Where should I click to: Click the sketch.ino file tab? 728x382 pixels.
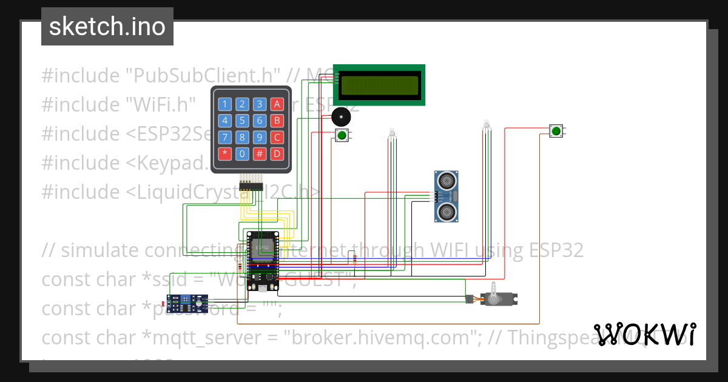107,27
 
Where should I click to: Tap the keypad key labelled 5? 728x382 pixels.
242,120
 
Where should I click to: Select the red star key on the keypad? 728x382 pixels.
225,153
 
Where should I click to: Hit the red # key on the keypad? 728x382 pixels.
260,153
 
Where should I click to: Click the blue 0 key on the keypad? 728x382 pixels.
242,153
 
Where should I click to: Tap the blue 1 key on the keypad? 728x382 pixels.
225,104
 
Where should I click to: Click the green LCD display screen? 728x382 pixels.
379,85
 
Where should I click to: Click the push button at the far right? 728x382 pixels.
556,130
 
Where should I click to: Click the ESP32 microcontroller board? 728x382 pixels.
262,261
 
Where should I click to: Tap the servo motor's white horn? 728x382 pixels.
495,293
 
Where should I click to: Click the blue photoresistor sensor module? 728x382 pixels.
187,301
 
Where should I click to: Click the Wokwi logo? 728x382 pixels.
645,334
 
